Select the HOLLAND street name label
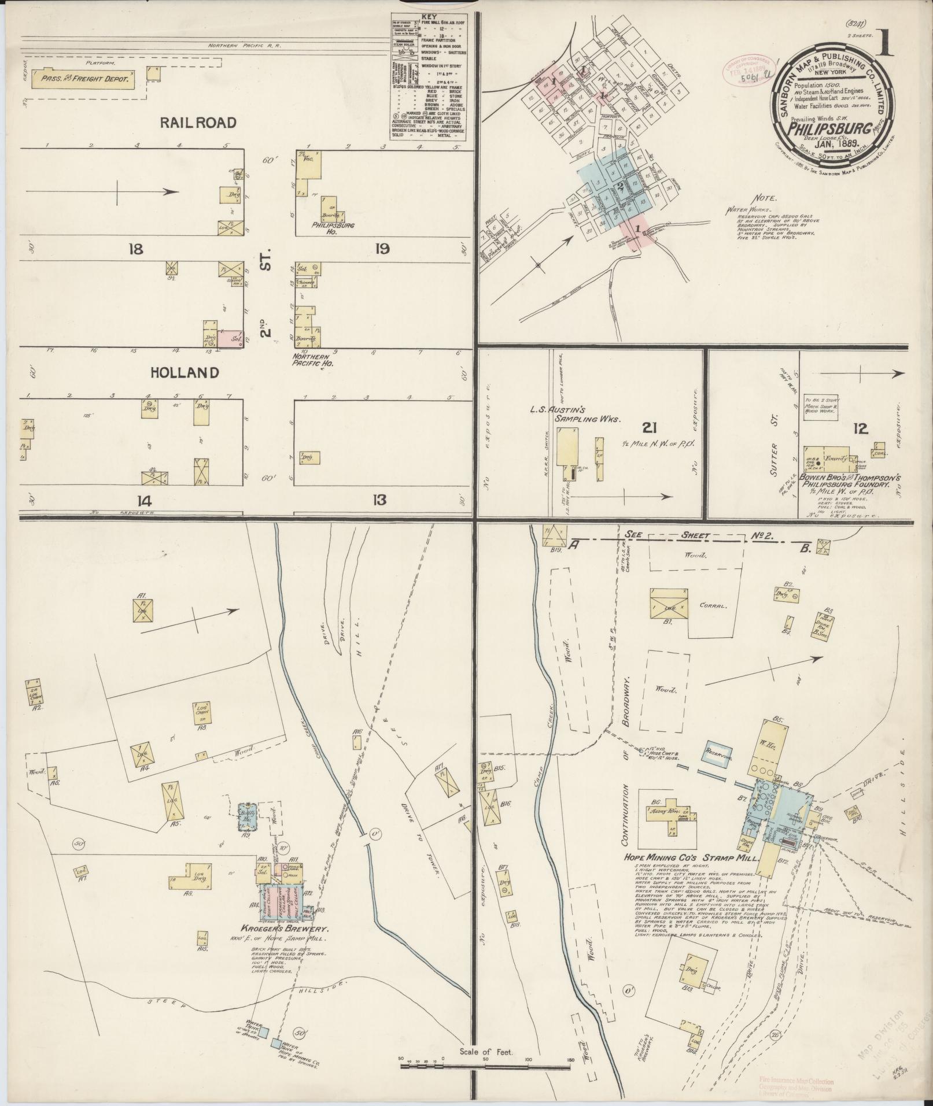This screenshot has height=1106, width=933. (185, 373)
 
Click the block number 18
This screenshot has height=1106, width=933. (137, 250)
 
